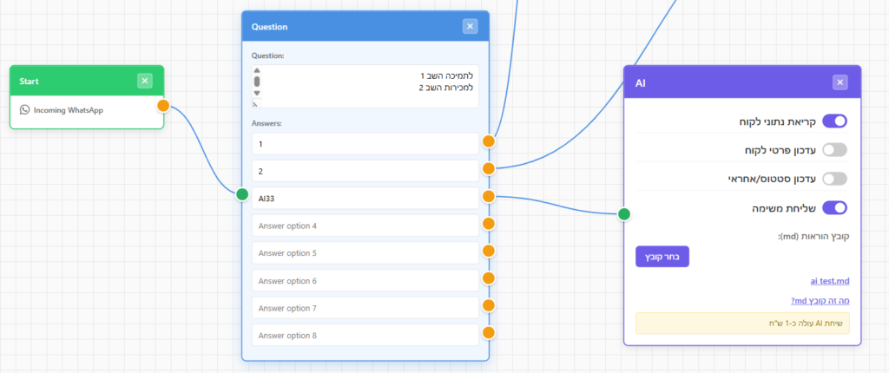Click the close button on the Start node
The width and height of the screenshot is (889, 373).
[145, 81]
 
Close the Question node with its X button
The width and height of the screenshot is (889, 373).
[470, 26]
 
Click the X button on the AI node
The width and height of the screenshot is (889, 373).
[840, 82]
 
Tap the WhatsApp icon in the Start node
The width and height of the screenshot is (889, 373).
[24, 110]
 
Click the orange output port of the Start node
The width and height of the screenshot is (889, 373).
[163, 106]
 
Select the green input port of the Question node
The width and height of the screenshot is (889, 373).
[242, 194]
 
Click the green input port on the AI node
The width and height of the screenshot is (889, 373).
[623, 213]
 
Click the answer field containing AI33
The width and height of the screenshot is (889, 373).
[365, 198]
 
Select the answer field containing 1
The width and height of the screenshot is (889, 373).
[365, 143]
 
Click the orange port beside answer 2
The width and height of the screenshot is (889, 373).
[488, 168]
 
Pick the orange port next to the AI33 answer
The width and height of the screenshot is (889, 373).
[488, 196]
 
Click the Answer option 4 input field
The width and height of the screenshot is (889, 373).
[365, 226]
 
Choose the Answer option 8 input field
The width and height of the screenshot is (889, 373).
[365, 335]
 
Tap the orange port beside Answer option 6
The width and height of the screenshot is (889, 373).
[488, 278]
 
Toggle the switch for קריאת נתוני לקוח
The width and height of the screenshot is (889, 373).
[834, 121]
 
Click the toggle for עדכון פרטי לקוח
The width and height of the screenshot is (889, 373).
[834, 150]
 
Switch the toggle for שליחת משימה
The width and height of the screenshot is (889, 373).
[834, 207]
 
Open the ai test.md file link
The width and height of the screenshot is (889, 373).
[830, 280]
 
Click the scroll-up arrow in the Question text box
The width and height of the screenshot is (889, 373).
[257, 70]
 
